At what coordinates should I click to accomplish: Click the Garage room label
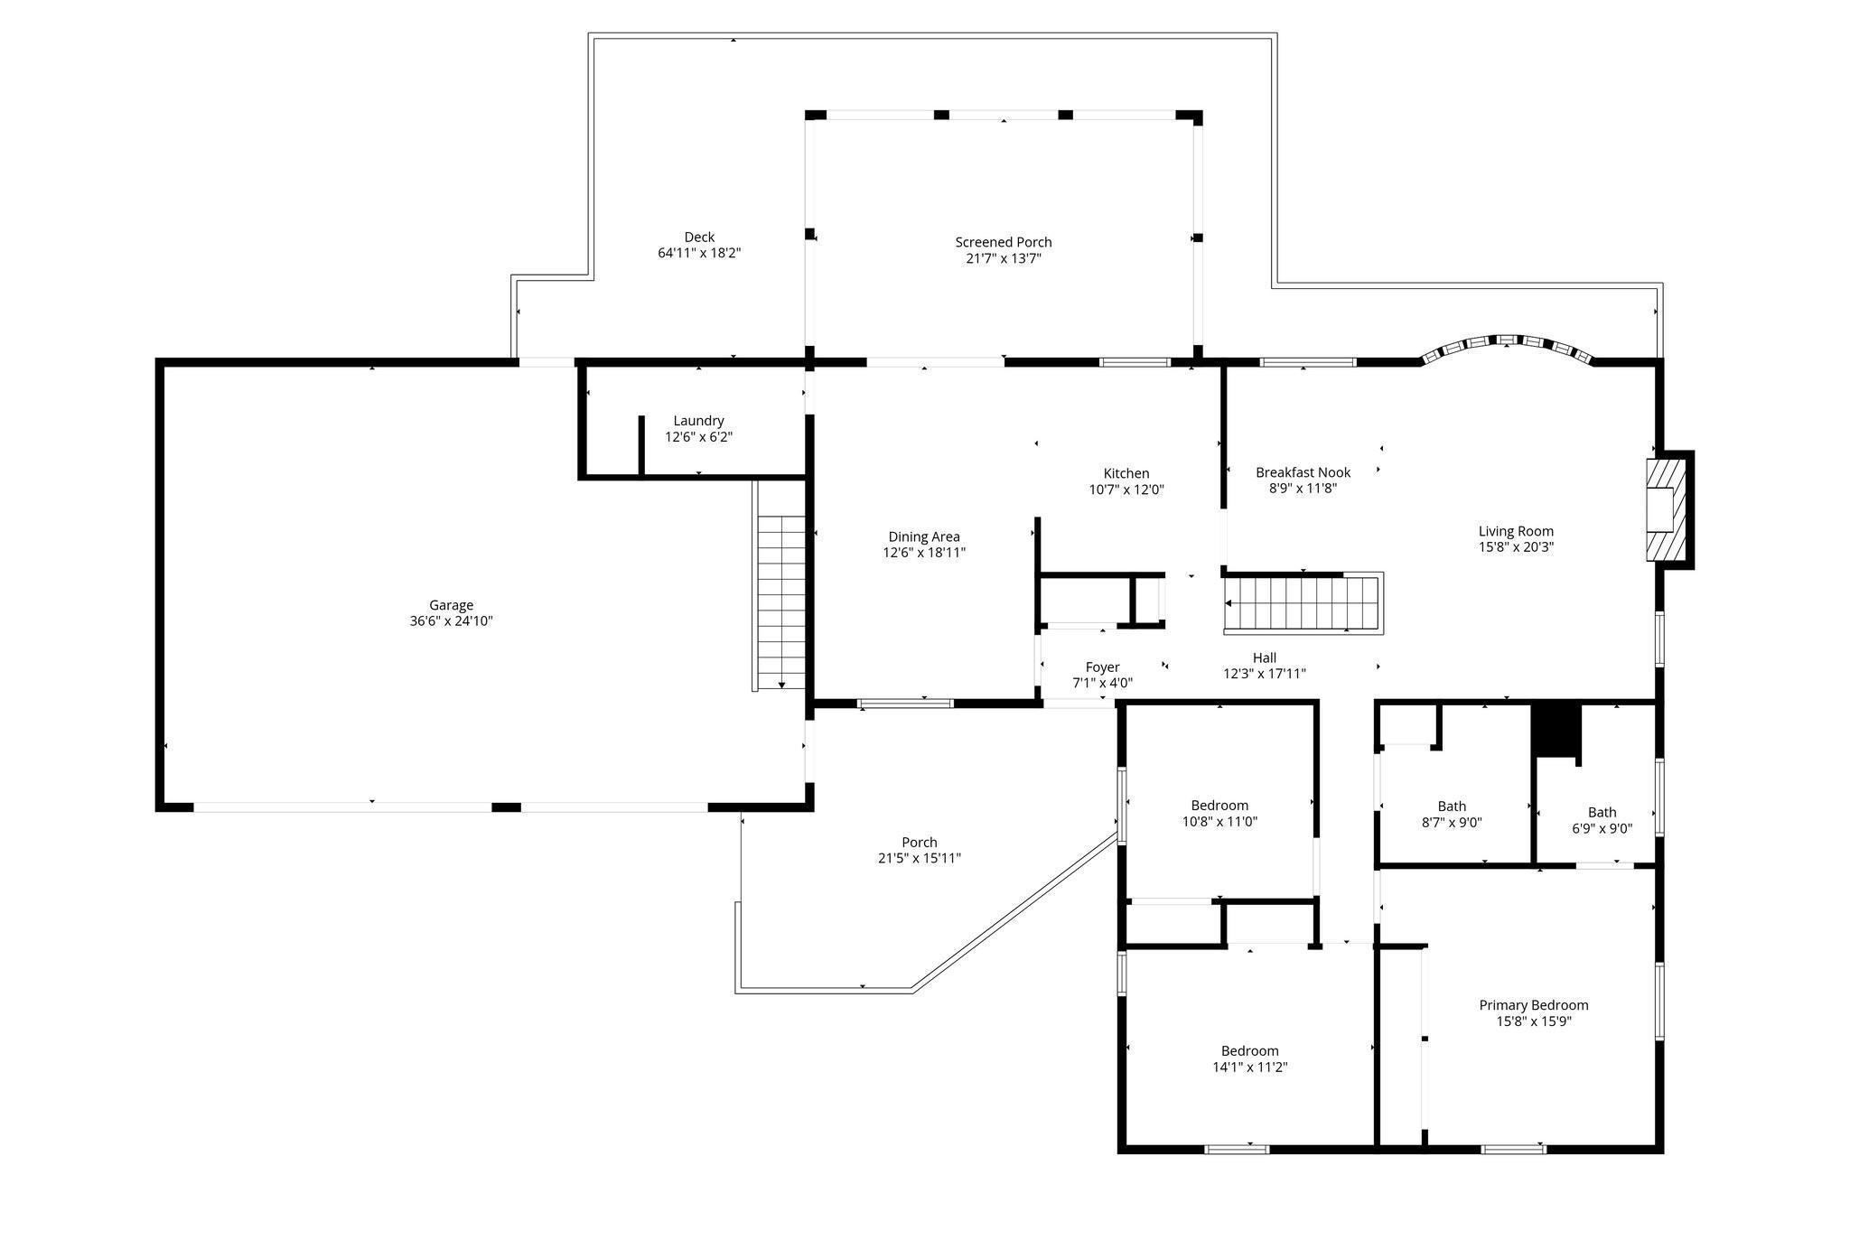pos(451,605)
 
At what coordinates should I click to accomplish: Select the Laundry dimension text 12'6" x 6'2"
pos(698,437)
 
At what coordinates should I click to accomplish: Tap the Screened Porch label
pos(1003,242)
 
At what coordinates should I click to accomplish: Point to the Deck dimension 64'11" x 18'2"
pos(699,254)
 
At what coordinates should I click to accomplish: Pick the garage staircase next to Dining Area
pos(780,601)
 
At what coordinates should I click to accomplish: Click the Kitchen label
pos(1126,473)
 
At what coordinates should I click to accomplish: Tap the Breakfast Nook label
pos(1303,472)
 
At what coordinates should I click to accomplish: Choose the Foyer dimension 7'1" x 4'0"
pos(1102,684)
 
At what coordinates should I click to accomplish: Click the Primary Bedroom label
pos(1533,1005)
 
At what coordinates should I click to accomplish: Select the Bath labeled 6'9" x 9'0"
pos(1602,812)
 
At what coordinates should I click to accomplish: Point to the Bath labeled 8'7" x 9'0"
pos(1452,806)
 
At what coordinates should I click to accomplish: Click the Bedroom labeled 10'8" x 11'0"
pos(1219,806)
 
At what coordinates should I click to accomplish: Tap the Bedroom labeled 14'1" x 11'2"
pos(1249,1051)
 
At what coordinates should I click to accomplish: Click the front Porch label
pos(919,843)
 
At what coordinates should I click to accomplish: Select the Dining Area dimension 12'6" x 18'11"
pos(924,553)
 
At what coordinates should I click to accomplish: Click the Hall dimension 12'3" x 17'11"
pos(1264,674)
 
